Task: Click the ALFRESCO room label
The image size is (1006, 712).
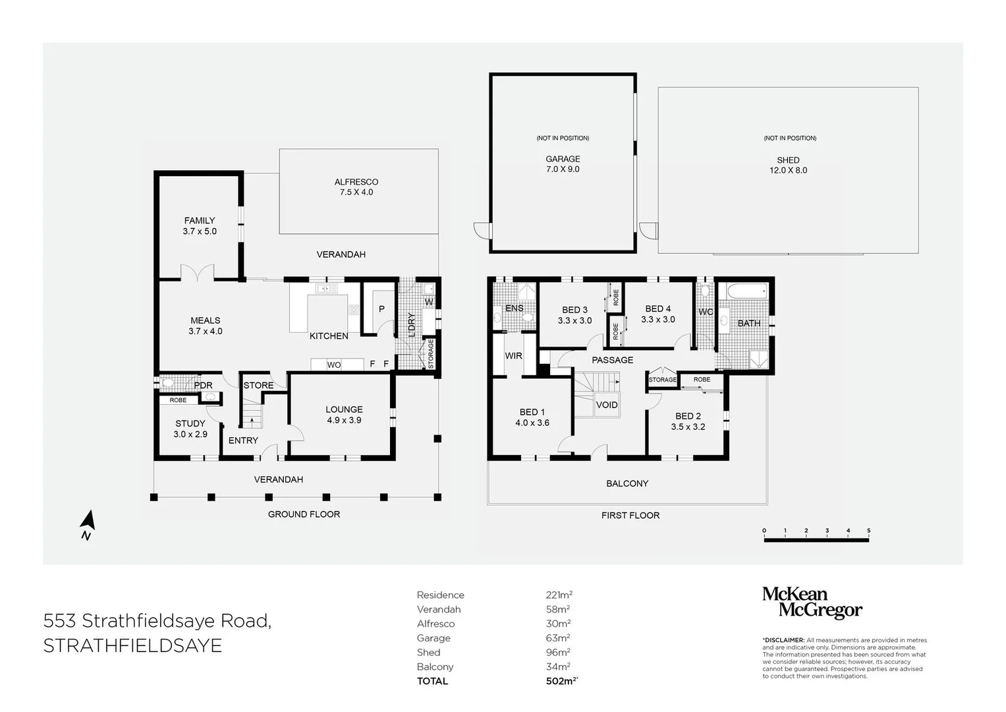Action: (356, 182)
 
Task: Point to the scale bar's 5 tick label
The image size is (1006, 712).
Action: (868, 531)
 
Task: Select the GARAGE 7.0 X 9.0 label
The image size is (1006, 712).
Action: (563, 164)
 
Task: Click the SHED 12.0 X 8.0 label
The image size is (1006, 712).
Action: (788, 165)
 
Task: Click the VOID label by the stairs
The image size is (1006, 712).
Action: (607, 405)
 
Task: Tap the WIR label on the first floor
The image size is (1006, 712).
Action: (513, 356)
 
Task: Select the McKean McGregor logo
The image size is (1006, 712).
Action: (812, 603)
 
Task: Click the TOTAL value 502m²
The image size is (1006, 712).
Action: (562, 681)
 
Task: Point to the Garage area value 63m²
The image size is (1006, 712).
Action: (558, 638)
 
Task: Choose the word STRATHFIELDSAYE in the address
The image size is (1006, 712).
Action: (132, 646)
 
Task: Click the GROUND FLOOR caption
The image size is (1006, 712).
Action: (304, 514)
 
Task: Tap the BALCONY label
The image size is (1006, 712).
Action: (627, 484)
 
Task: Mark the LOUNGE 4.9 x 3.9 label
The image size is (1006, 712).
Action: (344, 415)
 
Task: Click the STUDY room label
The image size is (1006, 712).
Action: (190, 424)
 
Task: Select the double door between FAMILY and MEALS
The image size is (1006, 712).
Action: (198, 272)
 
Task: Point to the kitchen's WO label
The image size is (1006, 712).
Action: (334, 365)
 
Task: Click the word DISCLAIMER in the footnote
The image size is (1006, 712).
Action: (784, 640)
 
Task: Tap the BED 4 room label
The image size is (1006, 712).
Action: (658, 309)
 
